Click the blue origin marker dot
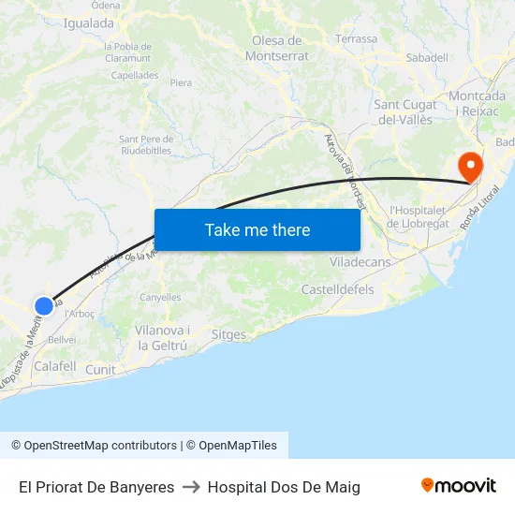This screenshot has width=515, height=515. (x=44, y=305)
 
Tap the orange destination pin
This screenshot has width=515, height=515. (x=469, y=168)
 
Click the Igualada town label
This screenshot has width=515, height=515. (x=88, y=23)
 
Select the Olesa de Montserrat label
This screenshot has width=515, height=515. (x=277, y=48)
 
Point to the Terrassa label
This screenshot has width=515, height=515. (x=357, y=39)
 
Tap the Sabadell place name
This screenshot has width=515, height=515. (x=427, y=57)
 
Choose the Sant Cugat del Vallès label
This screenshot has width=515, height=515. (x=408, y=111)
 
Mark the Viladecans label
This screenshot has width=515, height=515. (x=360, y=262)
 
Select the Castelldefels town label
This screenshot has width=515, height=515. (x=337, y=290)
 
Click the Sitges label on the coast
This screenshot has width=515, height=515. (x=228, y=334)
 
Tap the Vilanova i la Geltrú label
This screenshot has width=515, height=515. (x=162, y=338)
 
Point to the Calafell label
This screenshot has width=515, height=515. (x=54, y=366)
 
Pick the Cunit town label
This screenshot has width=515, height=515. (x=100, y=370)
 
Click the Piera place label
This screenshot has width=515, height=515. (x=181, y=82)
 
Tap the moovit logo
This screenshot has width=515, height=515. (x=458, y=486)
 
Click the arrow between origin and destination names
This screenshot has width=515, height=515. (x=191, y=487)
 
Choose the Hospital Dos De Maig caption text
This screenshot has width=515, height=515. (x=284, y=487)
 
